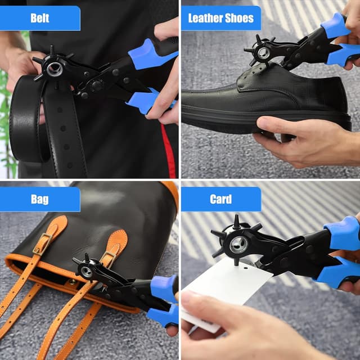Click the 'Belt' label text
(x=39, y=18)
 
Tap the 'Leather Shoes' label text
(x=220, y=18)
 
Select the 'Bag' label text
(x=39, y=199)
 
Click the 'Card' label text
(x=220, y=199)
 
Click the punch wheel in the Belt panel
(x=53, y=69)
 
